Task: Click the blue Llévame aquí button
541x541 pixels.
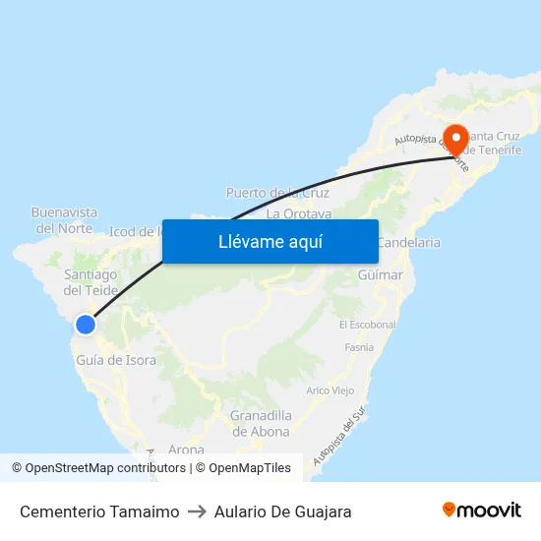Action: click(x=270, y=241)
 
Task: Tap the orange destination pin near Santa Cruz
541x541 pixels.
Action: click(x=455, y=139)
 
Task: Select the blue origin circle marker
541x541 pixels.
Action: click(x=86, y=325)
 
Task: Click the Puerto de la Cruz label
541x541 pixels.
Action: click(x=277, y=193)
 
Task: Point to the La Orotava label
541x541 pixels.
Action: click(x=298, y=212)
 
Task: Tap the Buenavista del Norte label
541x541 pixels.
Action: click(x=64, y=219)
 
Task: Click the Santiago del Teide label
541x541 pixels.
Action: click(x=90, y=282)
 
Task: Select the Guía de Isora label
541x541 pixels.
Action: click(x=116, y=360)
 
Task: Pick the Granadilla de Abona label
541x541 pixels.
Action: click(x=261, y=423)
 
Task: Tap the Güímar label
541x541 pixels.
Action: click(x=381, y=274)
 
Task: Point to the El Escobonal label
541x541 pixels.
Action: click(x=367, y=325)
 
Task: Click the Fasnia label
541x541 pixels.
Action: click(x=359, y=347)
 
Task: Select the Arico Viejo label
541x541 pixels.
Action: click(x=331, y=391)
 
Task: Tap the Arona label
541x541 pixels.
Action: click(x=186, y=450)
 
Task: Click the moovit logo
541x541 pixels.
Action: click(x=481, y=511)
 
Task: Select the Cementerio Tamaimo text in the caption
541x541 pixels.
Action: click(x=99, y=511)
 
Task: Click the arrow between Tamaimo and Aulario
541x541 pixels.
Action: click(x=194, y=511)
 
